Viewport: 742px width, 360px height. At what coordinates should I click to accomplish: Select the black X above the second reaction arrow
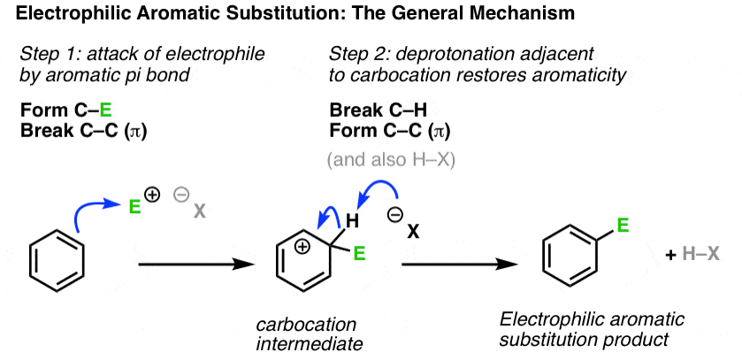[x=414, y=231]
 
